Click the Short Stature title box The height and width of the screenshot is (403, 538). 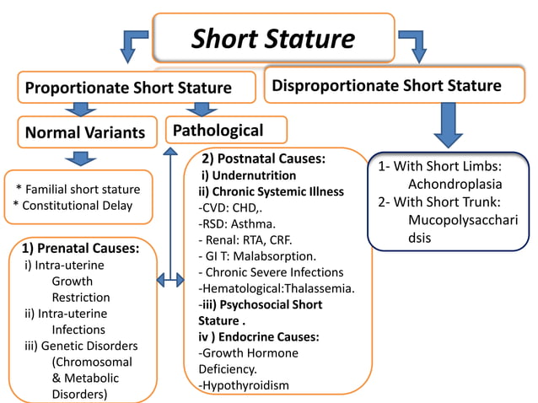(273, 38)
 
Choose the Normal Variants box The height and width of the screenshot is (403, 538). (86, 132)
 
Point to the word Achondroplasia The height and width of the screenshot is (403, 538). (455, 184)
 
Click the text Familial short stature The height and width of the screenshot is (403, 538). (78, 189)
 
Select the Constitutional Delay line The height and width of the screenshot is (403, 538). (73, 206)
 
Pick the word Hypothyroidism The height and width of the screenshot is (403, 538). (244, 385)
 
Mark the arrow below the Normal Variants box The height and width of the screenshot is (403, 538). (81, 158)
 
